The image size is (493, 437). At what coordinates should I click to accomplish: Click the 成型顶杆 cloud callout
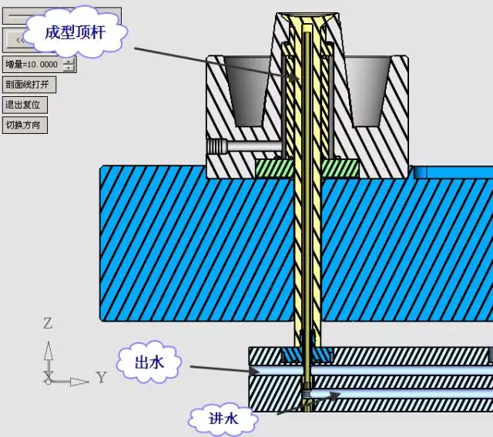click(x=75, y=32)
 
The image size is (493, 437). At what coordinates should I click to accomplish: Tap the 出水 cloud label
click(x=149, y=362)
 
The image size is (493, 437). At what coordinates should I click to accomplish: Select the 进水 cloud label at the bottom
click(x=223, y=419)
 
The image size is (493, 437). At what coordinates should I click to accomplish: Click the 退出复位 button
click(x=25, y=105)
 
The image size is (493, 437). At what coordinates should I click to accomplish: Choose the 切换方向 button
click(x=25, y=125)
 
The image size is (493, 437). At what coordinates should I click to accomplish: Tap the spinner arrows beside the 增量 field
click(x=69, y=65)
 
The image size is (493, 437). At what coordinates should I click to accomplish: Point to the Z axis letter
click(x=48, y=323)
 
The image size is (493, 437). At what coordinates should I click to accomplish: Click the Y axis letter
click(x=101, y=377)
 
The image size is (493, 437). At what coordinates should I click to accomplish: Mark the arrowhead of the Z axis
click(x=49, y=350)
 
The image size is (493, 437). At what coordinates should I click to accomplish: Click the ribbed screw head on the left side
click(x=217, y=146)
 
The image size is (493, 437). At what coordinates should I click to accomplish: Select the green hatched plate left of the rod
click(x=275, y=168)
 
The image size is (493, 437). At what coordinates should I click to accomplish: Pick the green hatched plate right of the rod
click(x=340, y=168)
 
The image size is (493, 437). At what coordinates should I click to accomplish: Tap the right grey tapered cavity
click(x=368, y=91)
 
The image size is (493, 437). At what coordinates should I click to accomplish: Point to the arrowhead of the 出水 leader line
click(x=254, y=371)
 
